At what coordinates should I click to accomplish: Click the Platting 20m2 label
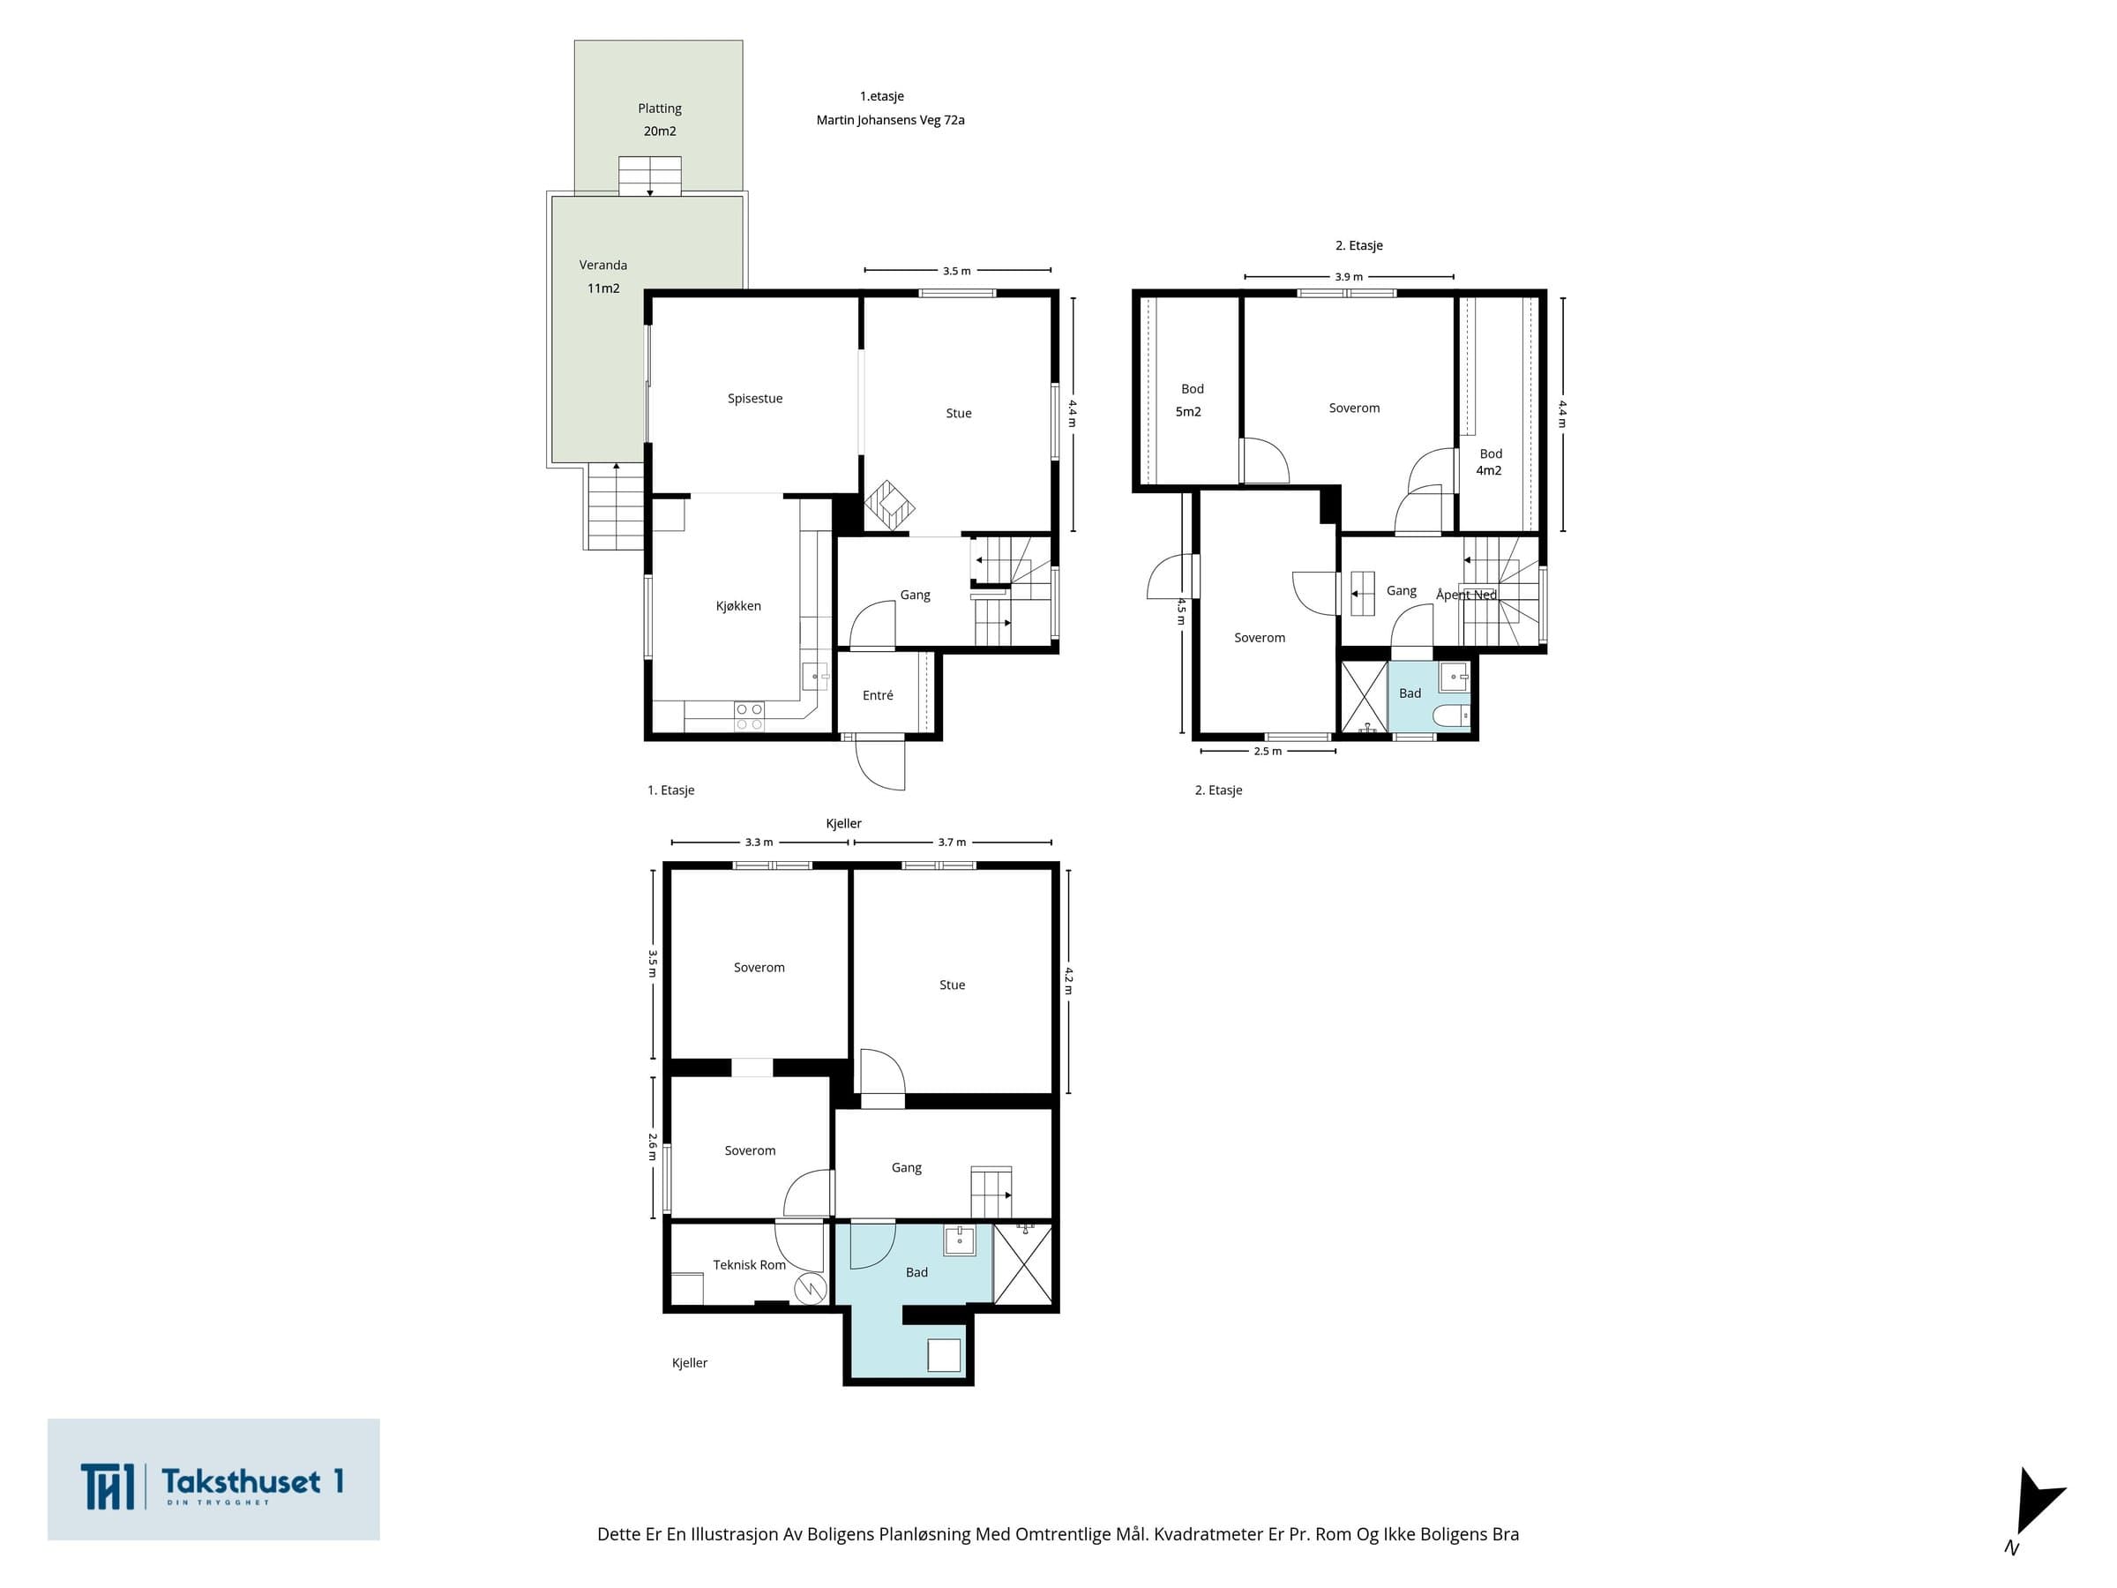pos(660,120)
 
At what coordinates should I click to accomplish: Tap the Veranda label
pos(603,266)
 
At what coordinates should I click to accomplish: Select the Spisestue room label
pos(755,399)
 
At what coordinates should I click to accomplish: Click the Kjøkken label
pos(739,606)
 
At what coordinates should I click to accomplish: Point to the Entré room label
pos(878,696)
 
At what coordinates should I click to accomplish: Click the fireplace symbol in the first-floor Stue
pos(889,505)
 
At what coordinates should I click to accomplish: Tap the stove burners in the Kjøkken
pos(750,716)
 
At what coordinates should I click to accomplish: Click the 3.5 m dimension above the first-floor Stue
pos(957,271)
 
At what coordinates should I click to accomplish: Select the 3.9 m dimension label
pos(1349,278)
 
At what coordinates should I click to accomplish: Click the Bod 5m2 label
pos(1190,401)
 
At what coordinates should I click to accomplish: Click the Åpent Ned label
pos(1466,595)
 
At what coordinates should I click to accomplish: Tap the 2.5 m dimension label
pos(1268,752)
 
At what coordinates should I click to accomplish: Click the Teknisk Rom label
pos(750,1265)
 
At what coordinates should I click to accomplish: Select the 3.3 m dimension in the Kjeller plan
pos(759,843)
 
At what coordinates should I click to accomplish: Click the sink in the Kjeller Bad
pos(960,1240)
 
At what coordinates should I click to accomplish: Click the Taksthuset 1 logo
pos(213,1479)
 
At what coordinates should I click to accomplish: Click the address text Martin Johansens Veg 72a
pos(890,121)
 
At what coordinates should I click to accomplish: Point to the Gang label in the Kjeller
pos(906,1168)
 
